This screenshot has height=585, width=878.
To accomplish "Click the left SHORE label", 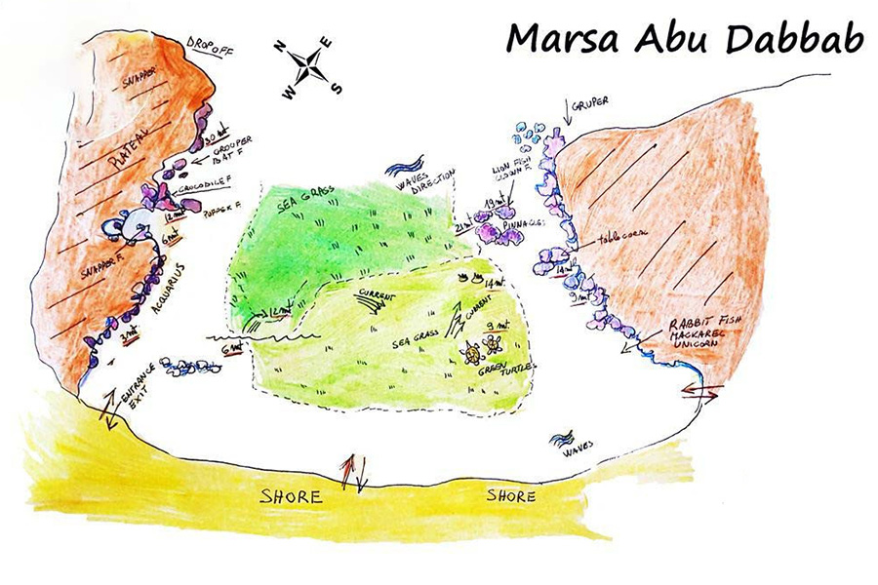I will [x=291, y=496].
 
